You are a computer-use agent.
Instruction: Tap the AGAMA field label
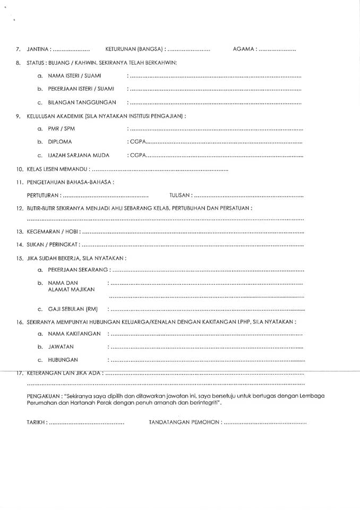(x=244, y=49)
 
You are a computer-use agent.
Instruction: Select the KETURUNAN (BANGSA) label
(x=134, y=49)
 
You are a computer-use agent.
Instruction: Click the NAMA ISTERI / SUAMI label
(x=74, y=75)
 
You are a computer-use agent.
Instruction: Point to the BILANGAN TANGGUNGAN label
(x=82, y=102)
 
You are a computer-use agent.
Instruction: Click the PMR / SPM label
(x=61, y=129)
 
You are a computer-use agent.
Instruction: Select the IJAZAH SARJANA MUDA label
(x=79, y=155)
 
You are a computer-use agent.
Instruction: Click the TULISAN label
(x=180, y=195)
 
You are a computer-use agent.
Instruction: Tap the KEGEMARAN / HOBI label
(x=52, y=232)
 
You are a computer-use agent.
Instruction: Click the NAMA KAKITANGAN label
(x=74, y=334)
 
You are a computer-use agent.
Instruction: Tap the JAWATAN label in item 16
(x=61, y=346)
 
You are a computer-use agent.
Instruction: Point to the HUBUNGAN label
(x=63, y=360)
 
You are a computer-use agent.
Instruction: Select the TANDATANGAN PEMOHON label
(x=184, y=423)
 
